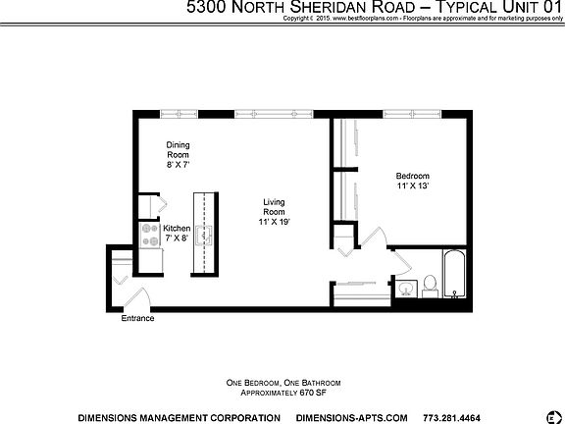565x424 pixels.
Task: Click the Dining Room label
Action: [x=178, y=150]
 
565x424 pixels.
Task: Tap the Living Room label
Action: [x=274, y=207]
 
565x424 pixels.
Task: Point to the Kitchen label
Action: [x=177, y=229]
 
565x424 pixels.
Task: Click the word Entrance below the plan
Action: [x=137, y=319]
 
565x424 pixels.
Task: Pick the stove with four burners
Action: [x=151, y=236]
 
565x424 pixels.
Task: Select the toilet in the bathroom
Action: [x=429, y=286]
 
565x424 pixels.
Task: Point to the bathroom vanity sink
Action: [x=405, y=288]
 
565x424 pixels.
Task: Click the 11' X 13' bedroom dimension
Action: [x=413, y=185]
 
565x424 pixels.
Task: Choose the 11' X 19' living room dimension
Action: [x=274, y=223]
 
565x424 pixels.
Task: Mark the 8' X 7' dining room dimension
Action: [x=178, y=167]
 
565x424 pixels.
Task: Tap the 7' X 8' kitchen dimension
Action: [x=177, y=238]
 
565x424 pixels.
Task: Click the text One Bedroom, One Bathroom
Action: [x=282, y=381]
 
